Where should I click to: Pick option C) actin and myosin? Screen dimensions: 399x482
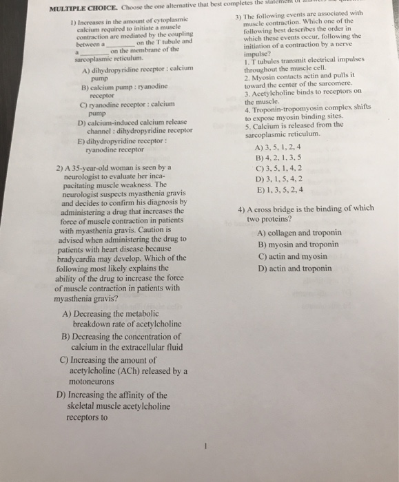[x=289, y=256]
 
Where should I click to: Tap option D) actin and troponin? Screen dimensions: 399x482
[x=293, y=269]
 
